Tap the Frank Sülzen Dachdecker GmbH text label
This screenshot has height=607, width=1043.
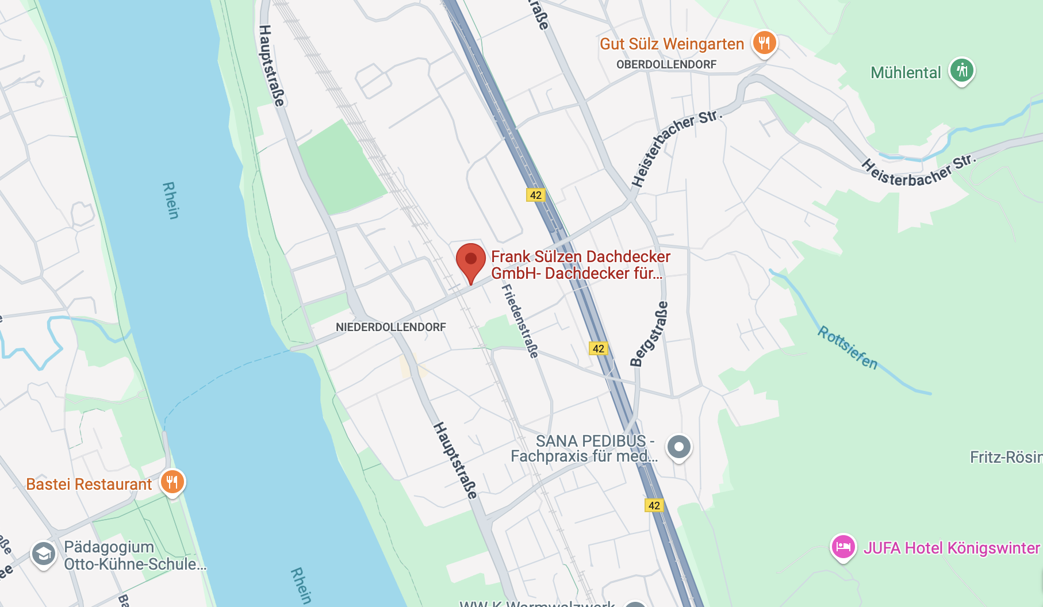click(580, 265)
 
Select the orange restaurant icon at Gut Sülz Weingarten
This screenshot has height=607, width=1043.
click(764, 43)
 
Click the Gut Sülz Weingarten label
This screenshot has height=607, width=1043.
click(672, 44)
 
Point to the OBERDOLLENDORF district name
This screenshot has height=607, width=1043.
click(666, 64)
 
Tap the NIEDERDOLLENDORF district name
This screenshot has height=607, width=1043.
click(391, 327)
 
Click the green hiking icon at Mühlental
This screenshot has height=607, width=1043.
click(961, 71)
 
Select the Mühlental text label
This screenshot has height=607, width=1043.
click(906, 73)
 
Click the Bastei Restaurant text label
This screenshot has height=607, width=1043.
click(89, 484)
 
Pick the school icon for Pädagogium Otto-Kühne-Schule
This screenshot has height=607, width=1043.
click(44, 554)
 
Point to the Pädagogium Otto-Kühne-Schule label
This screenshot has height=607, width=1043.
click(135, 555)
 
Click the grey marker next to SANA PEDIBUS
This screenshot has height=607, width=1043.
click(678, 447)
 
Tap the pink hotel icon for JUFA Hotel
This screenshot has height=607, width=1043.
click(843, 547)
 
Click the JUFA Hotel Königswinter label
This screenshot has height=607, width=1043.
click(952, 548)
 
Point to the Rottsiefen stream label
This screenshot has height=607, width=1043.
click(848, 348)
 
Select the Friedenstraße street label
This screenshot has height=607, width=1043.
click(520, 321)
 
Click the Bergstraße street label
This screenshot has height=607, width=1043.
click(649, 333)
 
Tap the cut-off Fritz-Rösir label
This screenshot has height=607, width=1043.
click(1006, 458)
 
